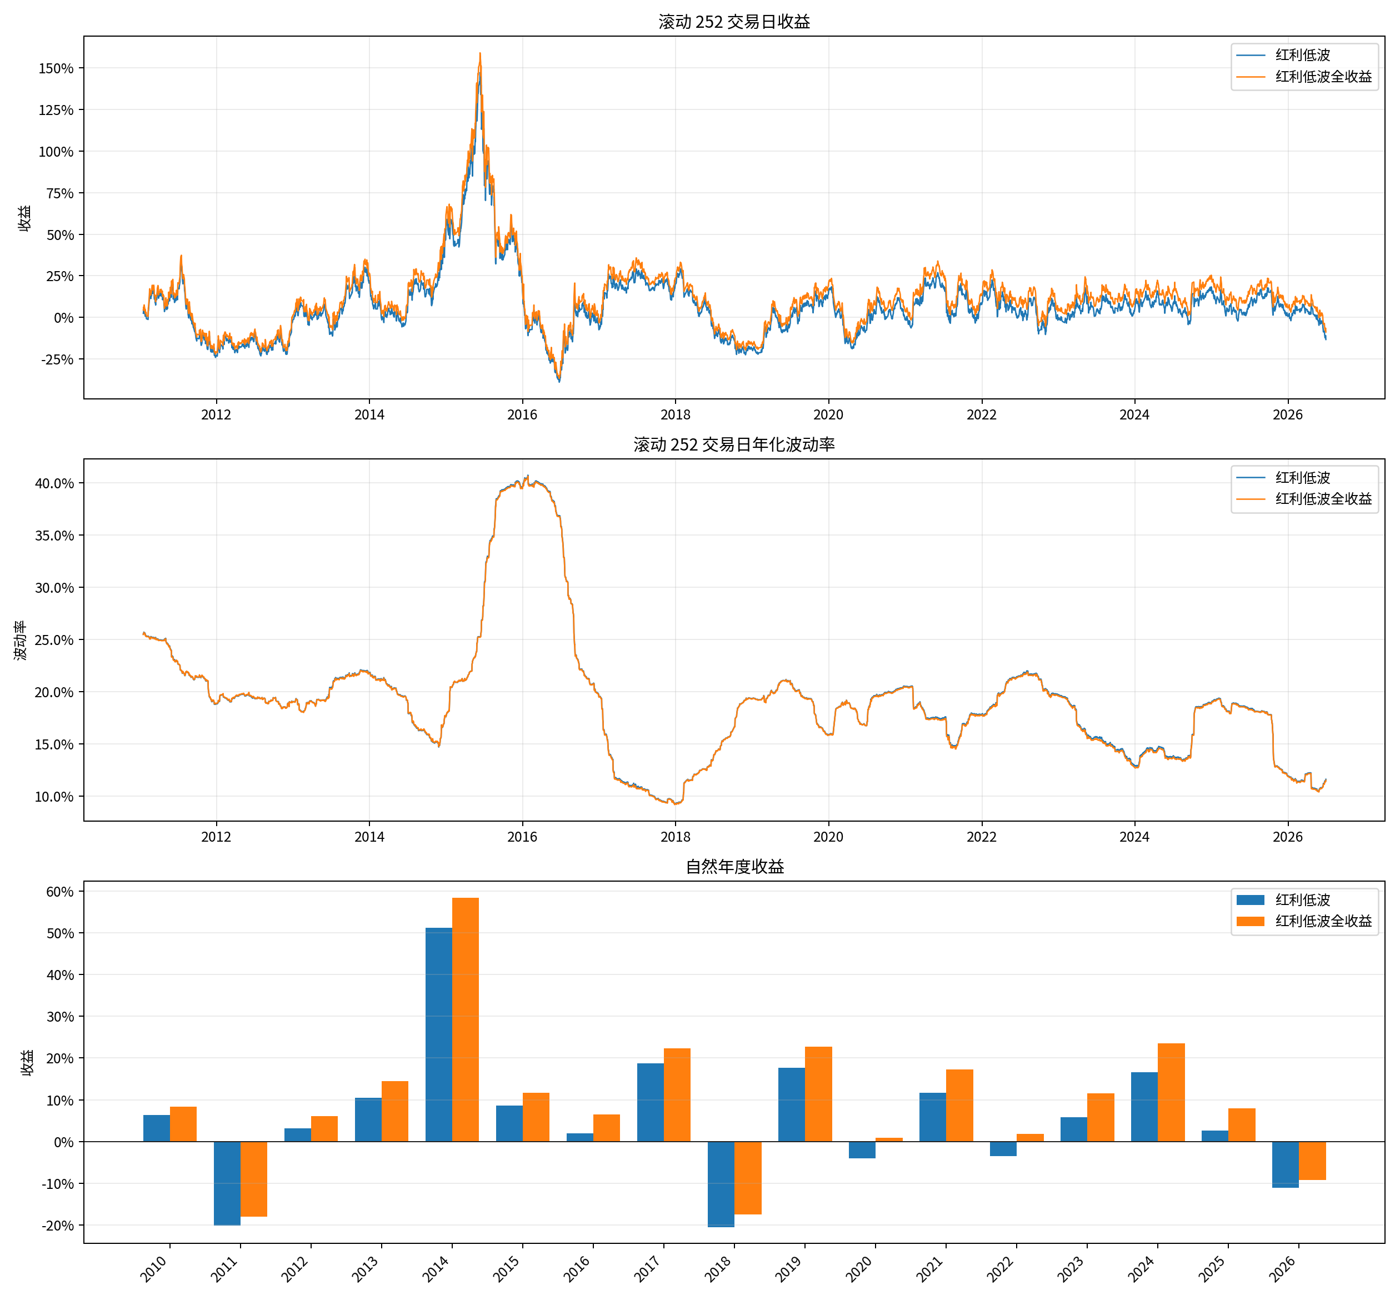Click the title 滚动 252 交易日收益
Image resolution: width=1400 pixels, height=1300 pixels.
734,22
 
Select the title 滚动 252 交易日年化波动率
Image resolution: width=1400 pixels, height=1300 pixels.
734,444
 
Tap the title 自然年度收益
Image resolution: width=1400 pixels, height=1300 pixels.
734,867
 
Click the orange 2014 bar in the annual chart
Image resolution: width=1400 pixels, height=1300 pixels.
465,1019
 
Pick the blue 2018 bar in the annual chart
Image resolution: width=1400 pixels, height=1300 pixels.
721,1184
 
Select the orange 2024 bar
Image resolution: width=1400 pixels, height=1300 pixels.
1171,1092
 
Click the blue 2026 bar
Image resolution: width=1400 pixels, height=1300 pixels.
1286,1164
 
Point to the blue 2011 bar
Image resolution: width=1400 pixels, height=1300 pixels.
227,1183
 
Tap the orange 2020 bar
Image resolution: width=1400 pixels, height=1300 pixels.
889,1139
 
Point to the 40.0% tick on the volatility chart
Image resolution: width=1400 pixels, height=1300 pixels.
54,483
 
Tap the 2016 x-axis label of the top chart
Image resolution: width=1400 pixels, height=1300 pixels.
522,414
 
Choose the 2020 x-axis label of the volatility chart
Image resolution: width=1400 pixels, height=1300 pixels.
828,837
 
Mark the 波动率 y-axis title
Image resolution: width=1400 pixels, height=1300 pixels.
21,639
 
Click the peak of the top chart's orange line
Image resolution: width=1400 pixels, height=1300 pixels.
480,53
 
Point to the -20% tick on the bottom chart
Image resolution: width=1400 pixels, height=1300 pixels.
58,1226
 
